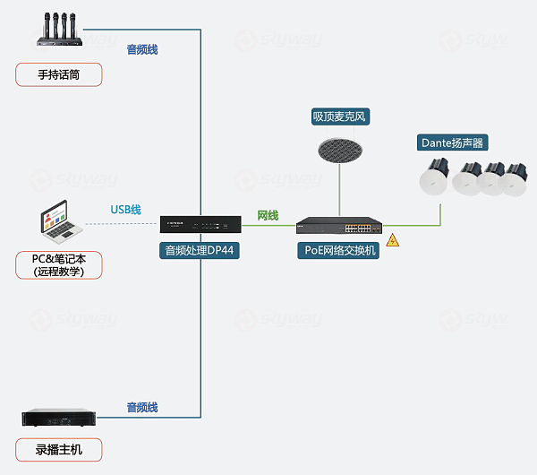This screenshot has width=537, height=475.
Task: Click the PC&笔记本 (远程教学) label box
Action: tap(59, 265)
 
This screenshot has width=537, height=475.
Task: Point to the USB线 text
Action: tap(125, 210)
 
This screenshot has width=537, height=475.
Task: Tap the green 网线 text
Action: tap(268, 216)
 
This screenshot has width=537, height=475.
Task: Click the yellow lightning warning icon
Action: tap(392, 240)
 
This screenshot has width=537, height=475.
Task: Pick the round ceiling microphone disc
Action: tap(340, 147)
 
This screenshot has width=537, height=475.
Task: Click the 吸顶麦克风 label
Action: tap(340, 117)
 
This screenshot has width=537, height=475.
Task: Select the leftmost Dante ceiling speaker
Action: tap(439, 177)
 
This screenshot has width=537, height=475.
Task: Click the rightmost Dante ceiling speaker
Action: tap(514, 179)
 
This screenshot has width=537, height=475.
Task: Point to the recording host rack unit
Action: tap(59, 418)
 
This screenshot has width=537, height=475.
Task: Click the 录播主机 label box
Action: tap(59, 450)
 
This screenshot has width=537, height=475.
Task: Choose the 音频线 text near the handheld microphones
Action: tap(141, 50)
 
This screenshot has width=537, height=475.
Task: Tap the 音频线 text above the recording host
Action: tap(141, 408)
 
